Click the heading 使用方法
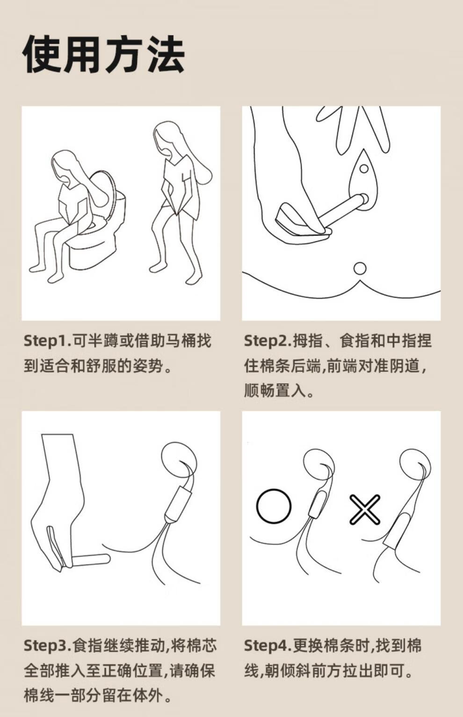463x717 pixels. pyautogui.click(x=104, y=54)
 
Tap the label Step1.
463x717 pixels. pyautogui.click(x=46, y=340)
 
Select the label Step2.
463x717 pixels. pyautogui.click(x=267, y=340)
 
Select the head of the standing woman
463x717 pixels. pyautogui.click(x=168, y=137)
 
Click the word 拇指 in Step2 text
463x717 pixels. pyautogui.click(x=308, y=340)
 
